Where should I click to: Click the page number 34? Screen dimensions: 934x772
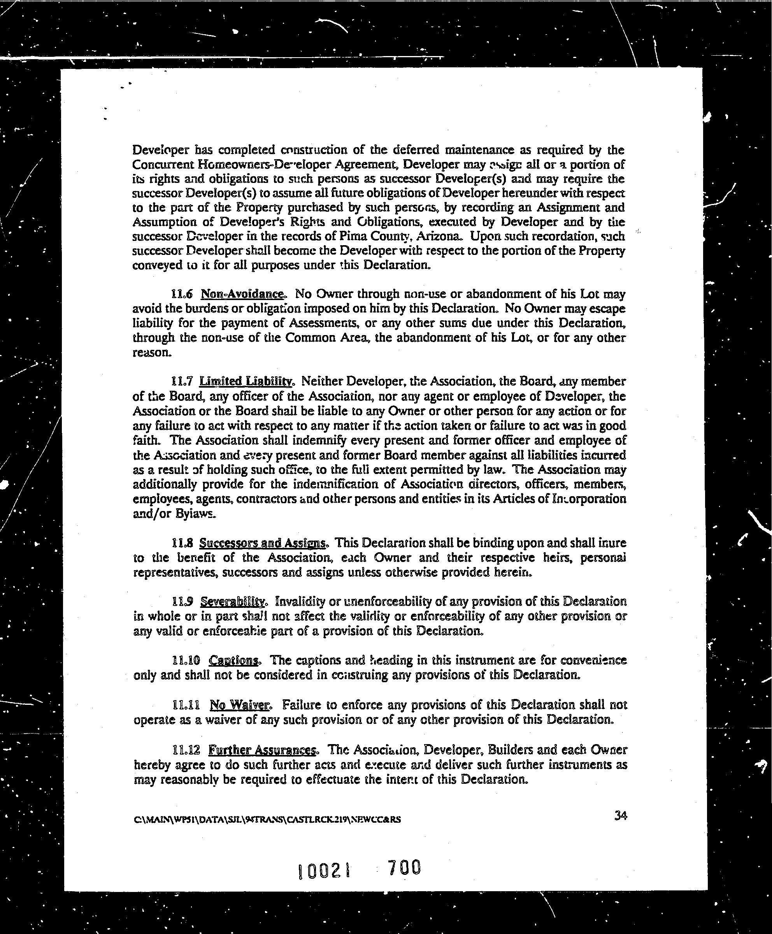(620, 815)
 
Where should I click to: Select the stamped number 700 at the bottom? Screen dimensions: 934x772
(404, 867)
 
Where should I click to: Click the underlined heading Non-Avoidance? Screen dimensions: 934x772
(242, 294)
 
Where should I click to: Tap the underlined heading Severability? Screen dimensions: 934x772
(233, 602)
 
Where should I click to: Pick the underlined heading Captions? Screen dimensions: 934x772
(234, 660)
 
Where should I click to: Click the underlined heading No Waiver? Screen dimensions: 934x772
(240, 705)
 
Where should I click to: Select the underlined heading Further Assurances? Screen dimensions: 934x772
(262, 750)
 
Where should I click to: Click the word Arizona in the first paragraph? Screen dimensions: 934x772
(439, 236)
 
